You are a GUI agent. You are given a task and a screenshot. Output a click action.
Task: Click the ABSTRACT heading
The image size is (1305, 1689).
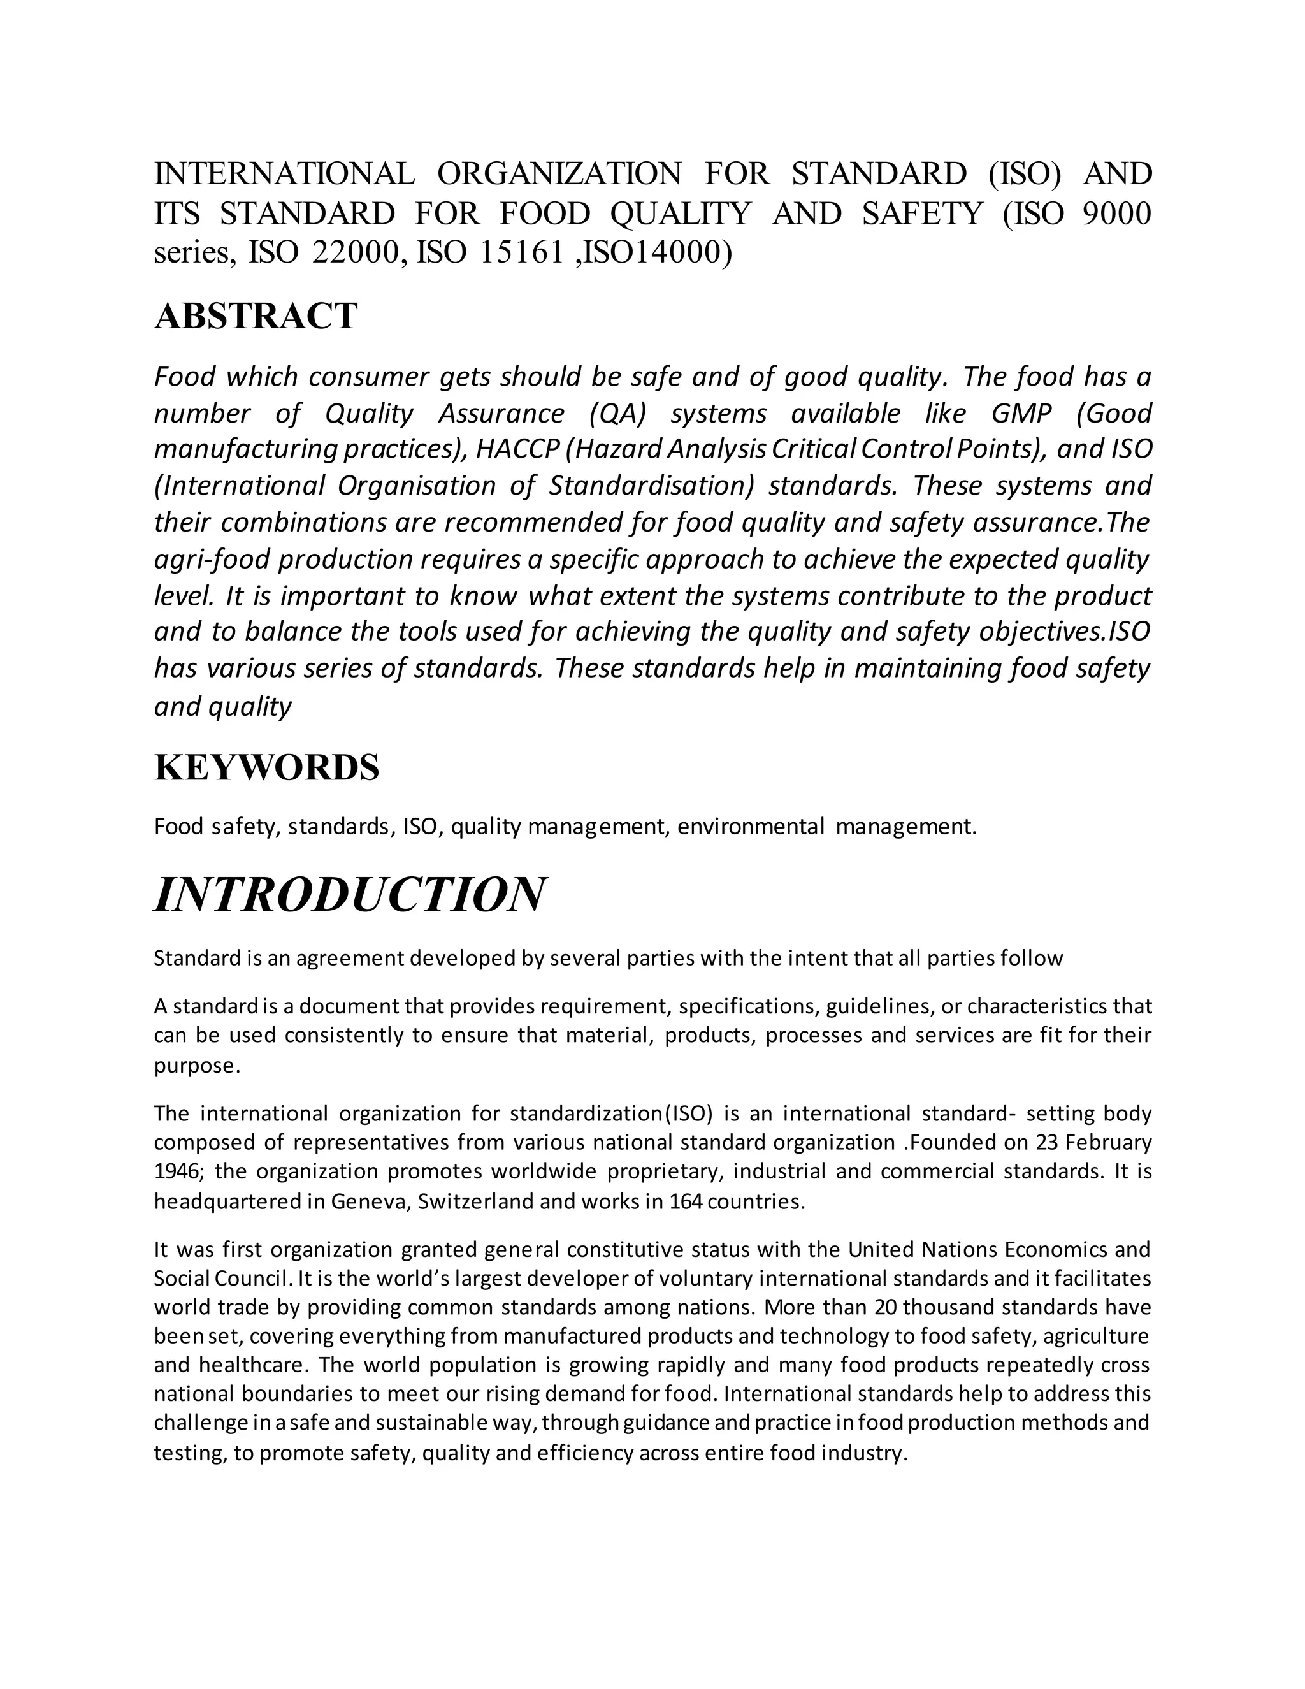click(x=256, y=316)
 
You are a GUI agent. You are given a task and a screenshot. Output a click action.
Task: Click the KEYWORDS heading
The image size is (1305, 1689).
click(x=267, y=768)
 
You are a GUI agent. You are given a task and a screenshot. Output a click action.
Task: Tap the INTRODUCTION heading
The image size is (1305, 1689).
click(x=349, y=895)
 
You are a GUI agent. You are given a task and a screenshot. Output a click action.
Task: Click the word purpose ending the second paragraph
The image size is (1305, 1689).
click(x=196, y=1066)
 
